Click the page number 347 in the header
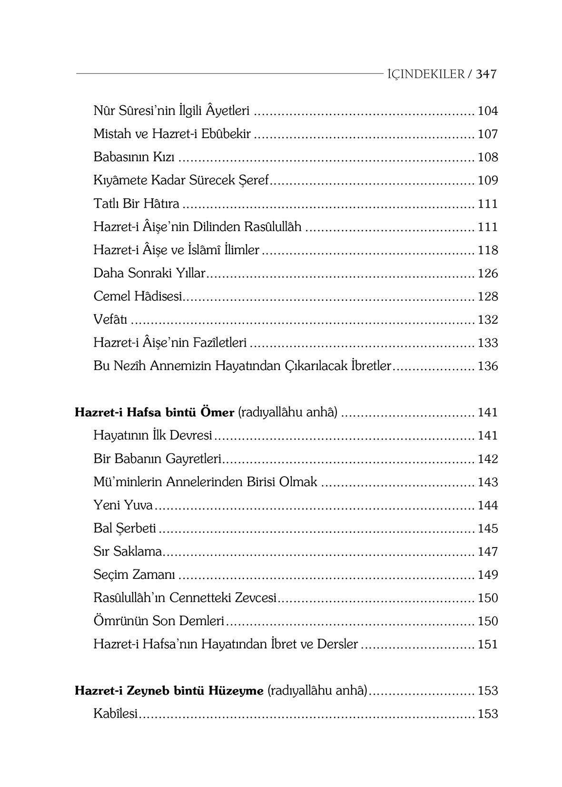486,74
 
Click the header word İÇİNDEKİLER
425,74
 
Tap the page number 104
487,111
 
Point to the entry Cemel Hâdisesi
138,296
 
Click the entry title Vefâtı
110,319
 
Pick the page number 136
487,366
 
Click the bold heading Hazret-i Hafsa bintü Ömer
155,412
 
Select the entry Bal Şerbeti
125,528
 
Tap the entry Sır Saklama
128,551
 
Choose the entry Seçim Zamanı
134,575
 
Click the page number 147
487,551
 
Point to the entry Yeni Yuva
123,505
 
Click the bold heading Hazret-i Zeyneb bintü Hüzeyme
169,691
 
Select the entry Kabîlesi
115,714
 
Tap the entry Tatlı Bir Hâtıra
136,204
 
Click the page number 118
487,250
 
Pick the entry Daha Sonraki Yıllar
149,273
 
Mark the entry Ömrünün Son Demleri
158,621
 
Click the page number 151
487,644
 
